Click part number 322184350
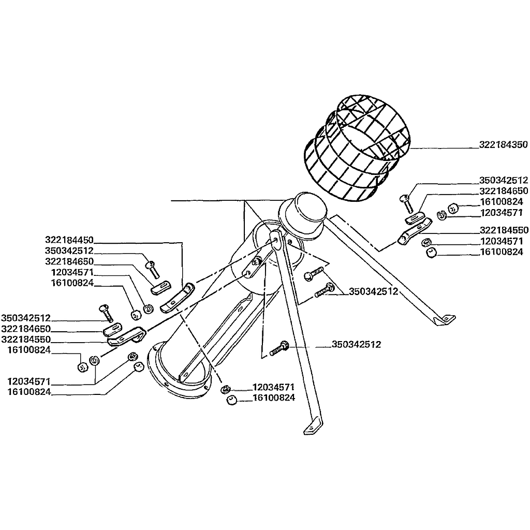503,145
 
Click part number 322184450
69,240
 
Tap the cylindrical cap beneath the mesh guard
302,215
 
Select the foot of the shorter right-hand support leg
446,319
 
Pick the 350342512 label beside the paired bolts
374,291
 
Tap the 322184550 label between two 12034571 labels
504,230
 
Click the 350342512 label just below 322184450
69,251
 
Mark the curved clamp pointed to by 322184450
177,298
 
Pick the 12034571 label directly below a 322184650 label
72,272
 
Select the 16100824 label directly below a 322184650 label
502,202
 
